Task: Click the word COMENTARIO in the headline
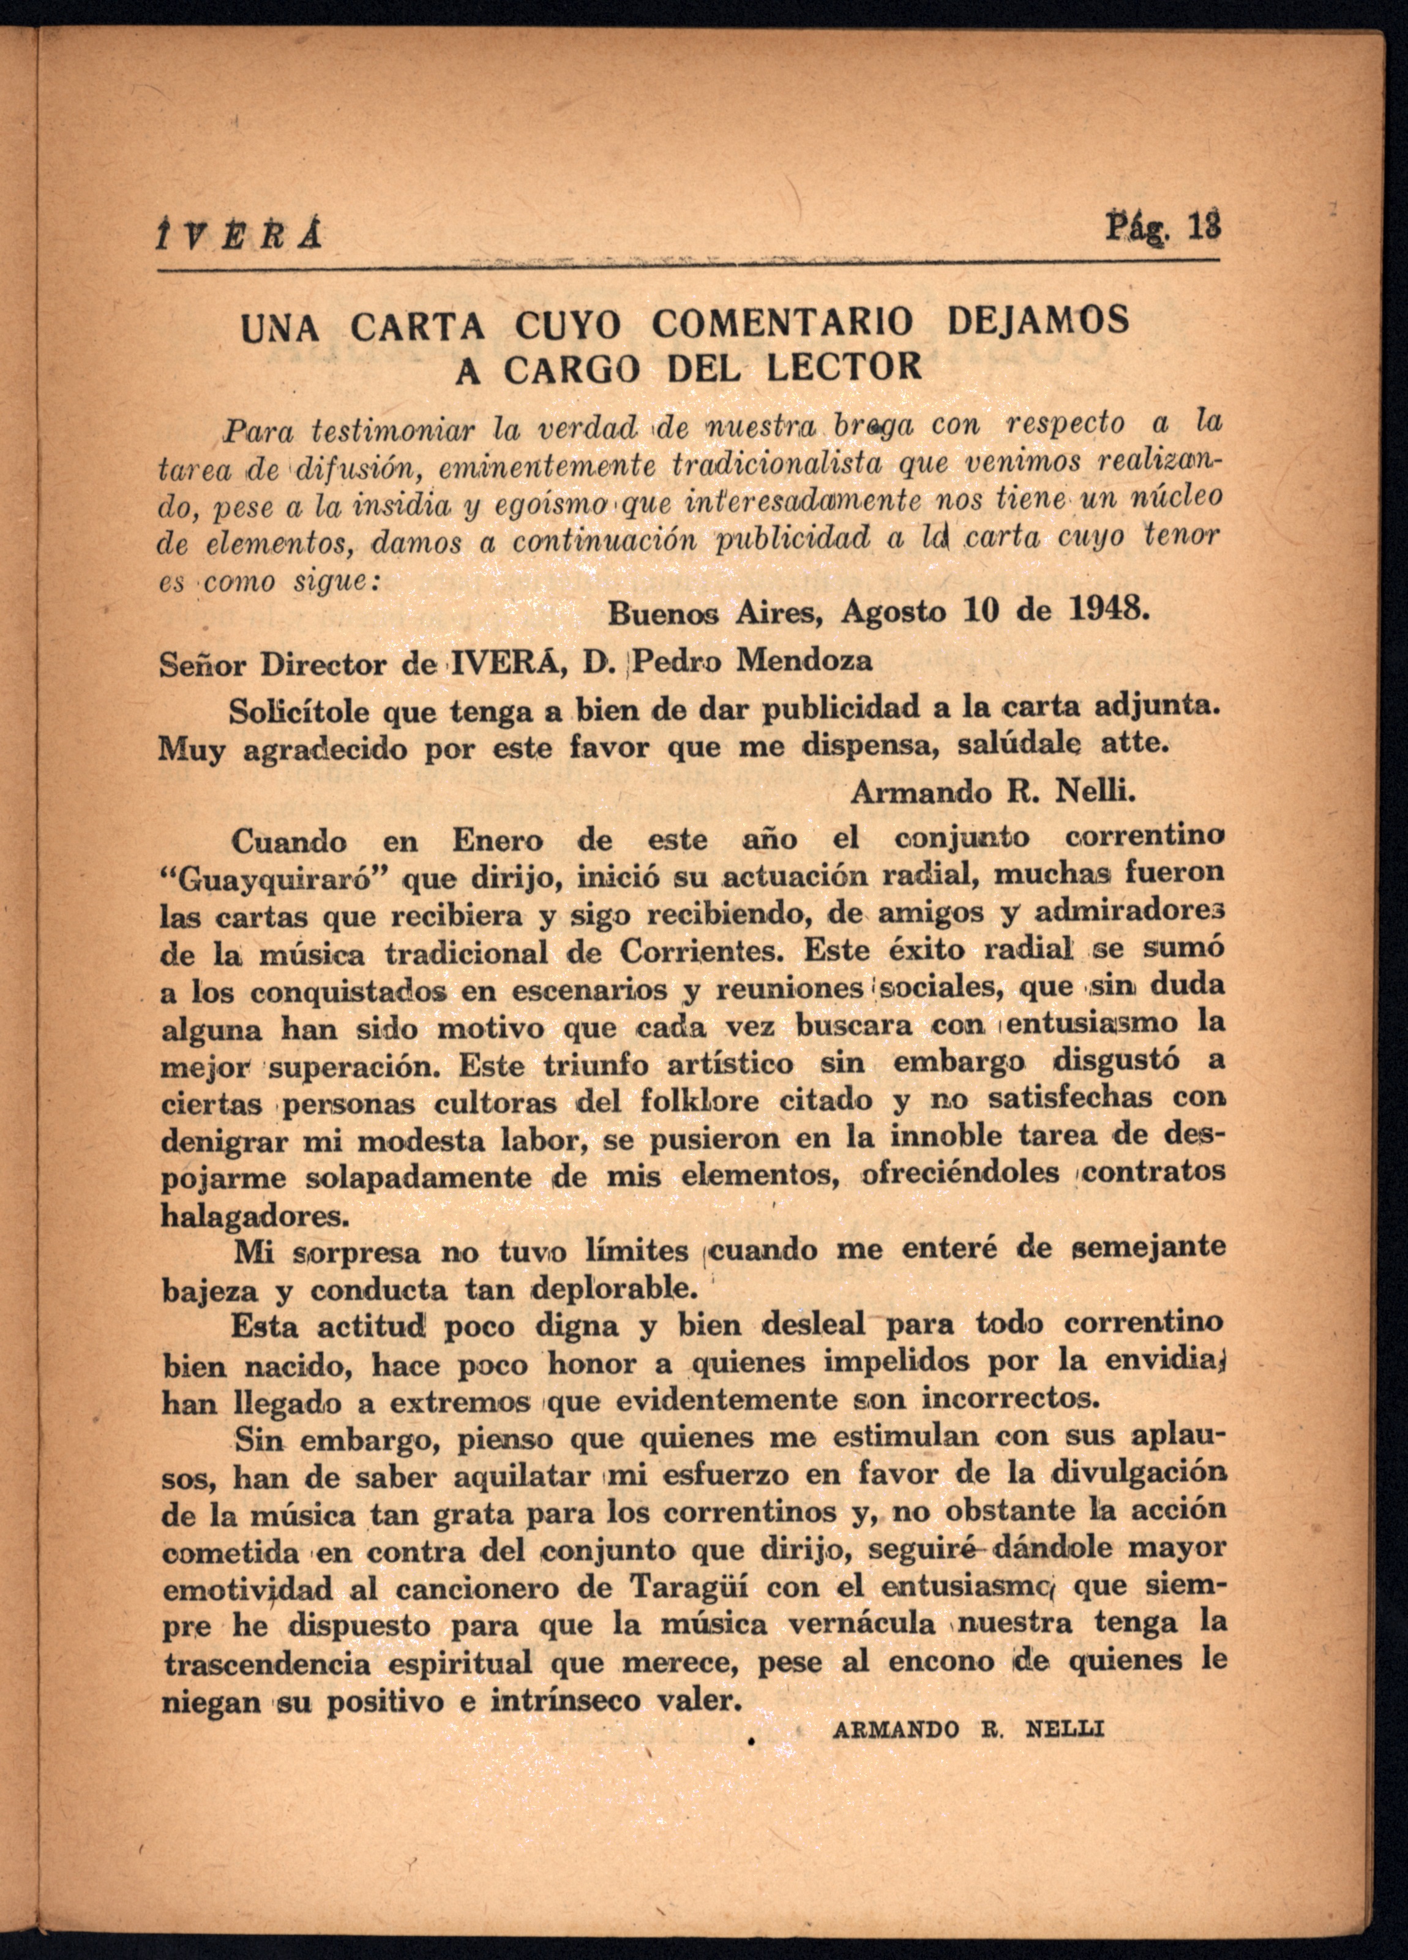click(x=782, y=324)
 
